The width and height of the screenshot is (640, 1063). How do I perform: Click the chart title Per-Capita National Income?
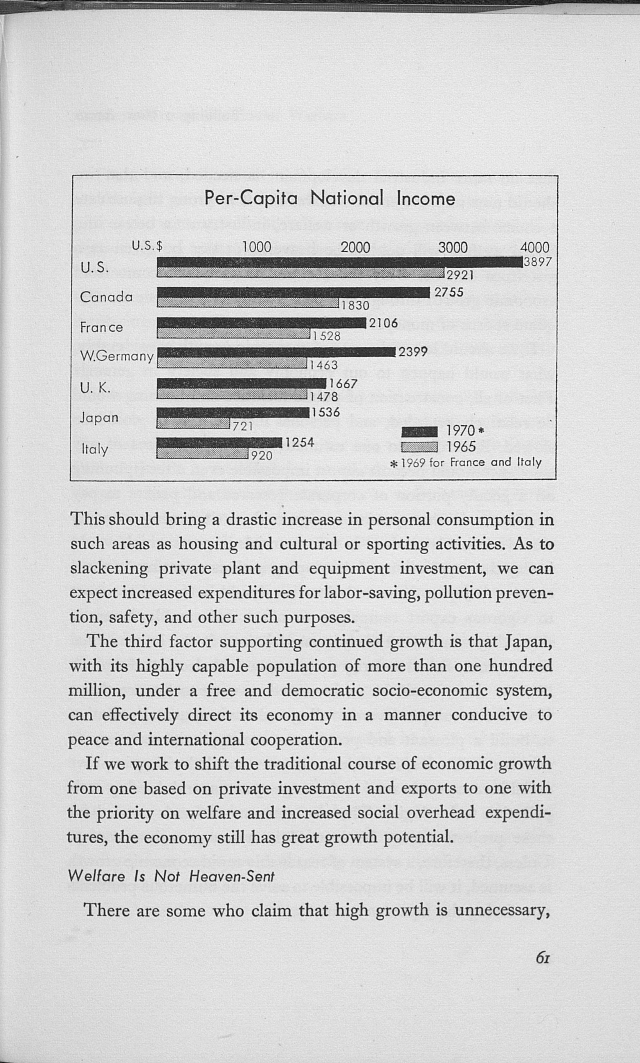point(329,198)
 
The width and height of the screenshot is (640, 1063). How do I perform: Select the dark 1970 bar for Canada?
point(293,292)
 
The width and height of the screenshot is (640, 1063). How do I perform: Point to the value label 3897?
point(537,262)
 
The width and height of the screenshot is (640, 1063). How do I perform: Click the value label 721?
point(242,426)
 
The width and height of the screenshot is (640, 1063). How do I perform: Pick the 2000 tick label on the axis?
point(355,247)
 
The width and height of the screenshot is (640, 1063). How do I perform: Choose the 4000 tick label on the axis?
point(534,247)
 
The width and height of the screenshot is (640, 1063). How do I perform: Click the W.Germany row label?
point(117,356)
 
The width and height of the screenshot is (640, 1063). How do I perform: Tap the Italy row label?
point(95,449)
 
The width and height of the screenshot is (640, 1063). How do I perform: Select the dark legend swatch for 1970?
point(419,431)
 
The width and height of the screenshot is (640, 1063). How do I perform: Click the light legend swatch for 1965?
point(419,447)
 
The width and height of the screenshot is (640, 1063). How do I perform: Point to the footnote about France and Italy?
point(465,463)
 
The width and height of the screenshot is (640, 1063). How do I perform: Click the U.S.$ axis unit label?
point(147,246)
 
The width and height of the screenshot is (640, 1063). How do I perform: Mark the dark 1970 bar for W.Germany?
point(276,352)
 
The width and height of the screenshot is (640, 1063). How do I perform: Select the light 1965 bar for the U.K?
point(232,393)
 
